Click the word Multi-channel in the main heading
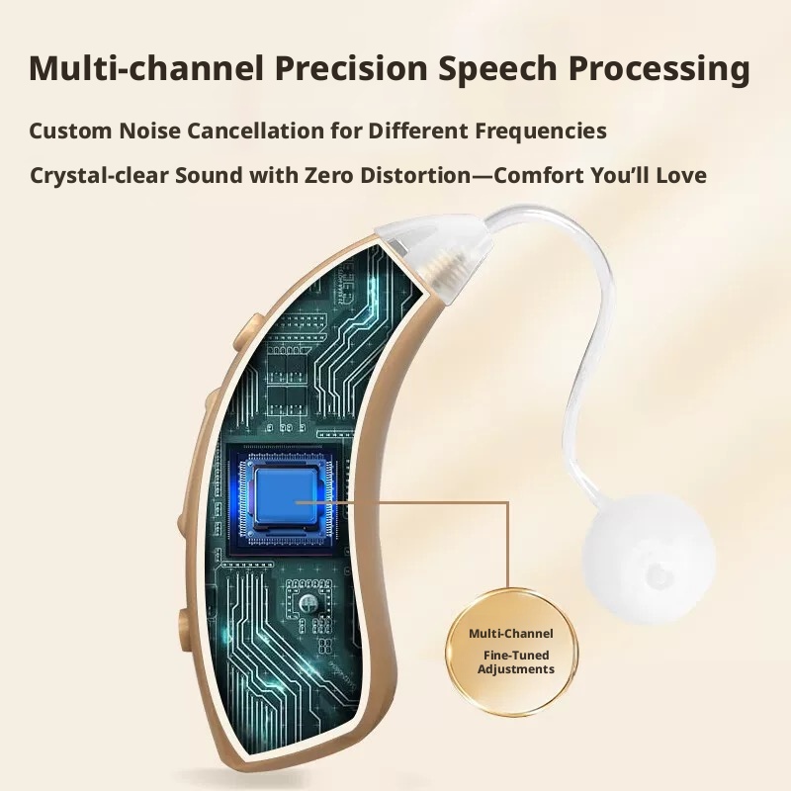(146, 67)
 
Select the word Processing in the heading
(659, 69)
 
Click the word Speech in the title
(498, 69)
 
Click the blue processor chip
(286, 495)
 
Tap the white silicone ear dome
(650, 559)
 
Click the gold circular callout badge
(511, 653)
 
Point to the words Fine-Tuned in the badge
(516, 656)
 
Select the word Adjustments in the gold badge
(515, 670)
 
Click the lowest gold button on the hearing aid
(185, 631)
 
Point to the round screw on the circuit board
(308, 603)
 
